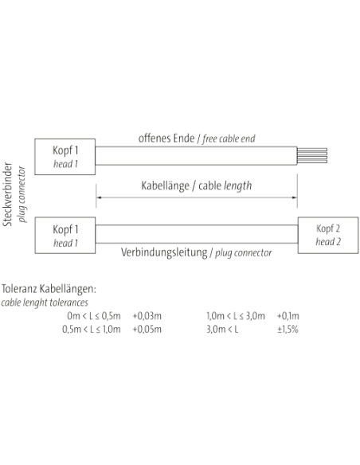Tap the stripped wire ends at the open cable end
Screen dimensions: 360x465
[312, 156]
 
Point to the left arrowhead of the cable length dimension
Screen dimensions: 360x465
[99, 197]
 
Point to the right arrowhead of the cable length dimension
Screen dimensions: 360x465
[294, 197]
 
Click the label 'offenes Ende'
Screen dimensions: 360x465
[166, 139]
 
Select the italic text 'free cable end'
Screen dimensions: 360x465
[229, 139]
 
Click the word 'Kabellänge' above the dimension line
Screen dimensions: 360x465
[165, 186]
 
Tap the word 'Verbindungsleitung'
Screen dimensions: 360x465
[164, 252]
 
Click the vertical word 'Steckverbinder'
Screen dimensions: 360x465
[7, 194]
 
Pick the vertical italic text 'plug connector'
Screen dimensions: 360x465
[22, 194]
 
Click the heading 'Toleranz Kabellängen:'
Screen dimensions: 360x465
[49, 288]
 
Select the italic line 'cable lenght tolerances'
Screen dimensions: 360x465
[45, 303]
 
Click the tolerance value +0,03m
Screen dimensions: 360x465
[147, 316]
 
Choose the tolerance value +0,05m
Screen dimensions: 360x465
[147, 329]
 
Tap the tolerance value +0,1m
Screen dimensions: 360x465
[288, 316]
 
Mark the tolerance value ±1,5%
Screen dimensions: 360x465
[288, 329]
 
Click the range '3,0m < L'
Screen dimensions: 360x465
[222, 329]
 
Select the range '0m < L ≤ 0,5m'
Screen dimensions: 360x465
[94, 316]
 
